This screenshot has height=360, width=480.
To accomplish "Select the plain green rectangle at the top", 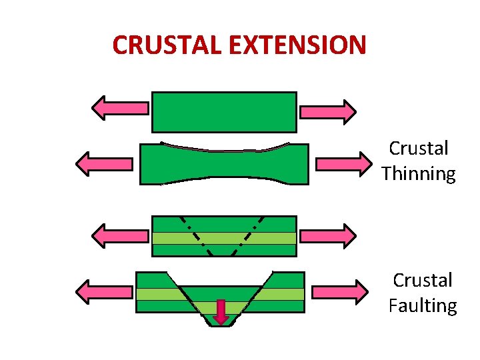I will point(224,112).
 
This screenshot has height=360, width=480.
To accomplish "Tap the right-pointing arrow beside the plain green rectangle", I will point(327,111).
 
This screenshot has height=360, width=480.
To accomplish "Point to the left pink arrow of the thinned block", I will point(104,163).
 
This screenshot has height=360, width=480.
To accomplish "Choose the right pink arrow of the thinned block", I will point(343,163).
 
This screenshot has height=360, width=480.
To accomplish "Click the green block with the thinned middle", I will point(224,165).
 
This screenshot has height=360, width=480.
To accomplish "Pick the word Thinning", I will point(419,175).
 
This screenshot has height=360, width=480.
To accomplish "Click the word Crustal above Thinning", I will point(419,148).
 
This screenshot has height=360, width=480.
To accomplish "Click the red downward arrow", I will point(221,311).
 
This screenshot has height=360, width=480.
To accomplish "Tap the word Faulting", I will point(423,306).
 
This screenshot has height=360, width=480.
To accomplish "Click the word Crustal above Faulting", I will point(423,280).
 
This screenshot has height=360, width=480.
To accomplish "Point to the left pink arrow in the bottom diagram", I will point(105,292).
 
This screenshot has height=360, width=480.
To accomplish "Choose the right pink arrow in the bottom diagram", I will point(339,291).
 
